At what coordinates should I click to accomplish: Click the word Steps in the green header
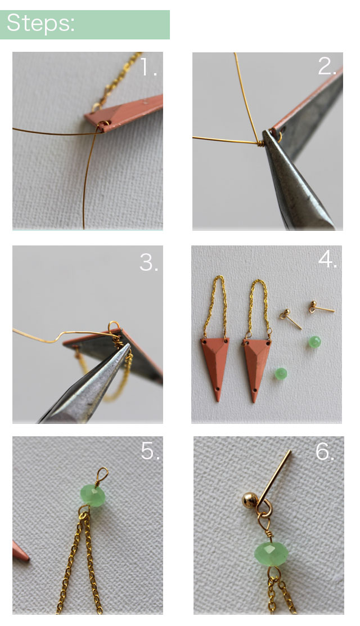[40, 23]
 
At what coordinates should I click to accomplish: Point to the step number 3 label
[148, 263]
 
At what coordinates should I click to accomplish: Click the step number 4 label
[327, 260]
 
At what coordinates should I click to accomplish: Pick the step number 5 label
[150, 451]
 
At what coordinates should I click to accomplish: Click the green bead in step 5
[93, 495]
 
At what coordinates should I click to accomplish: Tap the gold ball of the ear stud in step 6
[250, 500]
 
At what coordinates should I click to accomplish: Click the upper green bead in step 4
[314, 342]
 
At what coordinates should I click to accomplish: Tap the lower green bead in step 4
[281, 374]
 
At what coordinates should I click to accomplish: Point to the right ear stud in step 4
[321, 307]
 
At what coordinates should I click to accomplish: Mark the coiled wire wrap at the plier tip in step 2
[260, 142]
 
